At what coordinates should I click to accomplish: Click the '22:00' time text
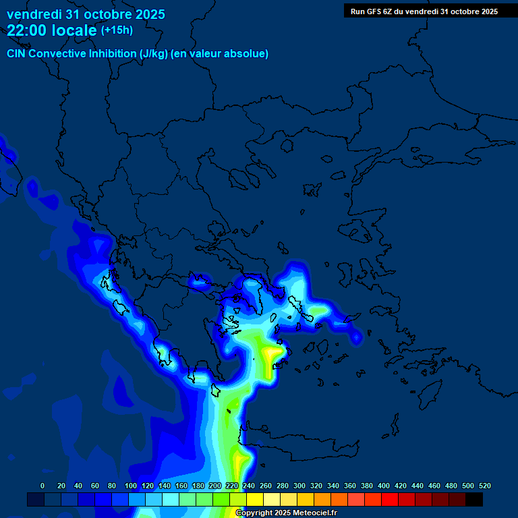click(26, 30)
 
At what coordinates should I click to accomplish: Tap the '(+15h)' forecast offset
click(117, 30)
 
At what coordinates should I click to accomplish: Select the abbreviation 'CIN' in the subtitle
click(18, 53)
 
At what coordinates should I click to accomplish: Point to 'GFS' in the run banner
click(378, 11)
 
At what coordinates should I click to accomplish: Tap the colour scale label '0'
click(42, 486)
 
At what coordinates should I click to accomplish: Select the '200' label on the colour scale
click(214, 486)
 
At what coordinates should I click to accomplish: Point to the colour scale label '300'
click(299, 486)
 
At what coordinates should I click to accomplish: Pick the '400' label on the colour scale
click(383, 486)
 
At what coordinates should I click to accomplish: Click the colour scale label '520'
click(484, 486)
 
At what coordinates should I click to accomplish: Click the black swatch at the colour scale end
click(474, 499)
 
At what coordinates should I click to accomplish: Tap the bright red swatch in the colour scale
click(390, 499)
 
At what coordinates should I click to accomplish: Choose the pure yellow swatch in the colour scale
click(255, 499)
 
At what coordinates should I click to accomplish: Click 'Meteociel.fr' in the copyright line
click(315, 513)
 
